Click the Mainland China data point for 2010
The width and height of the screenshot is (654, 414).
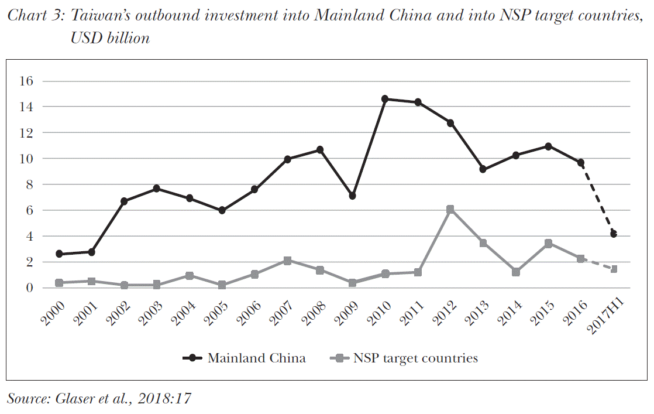point(385,99)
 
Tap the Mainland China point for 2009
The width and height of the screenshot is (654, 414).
point(352,196)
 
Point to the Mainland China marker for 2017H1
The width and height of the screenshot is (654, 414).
point(614,234)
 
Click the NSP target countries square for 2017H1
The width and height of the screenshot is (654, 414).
point(614,269)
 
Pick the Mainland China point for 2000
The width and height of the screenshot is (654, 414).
point(59,254)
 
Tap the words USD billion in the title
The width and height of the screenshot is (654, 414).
point(110,38)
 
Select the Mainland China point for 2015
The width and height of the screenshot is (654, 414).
point(548,146)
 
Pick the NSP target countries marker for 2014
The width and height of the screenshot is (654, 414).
point(516,272)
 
